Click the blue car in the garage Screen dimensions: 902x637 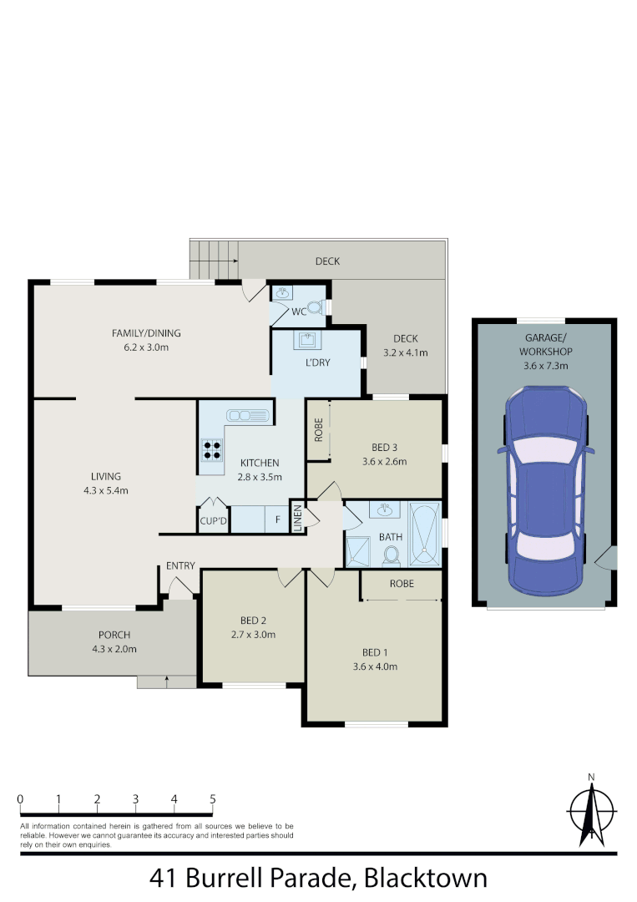544,489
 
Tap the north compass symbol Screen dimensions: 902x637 591,811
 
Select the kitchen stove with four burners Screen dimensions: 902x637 212,451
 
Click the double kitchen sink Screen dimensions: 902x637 248,414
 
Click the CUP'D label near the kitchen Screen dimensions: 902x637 213,522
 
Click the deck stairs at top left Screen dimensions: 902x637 215,259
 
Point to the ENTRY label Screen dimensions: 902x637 180,566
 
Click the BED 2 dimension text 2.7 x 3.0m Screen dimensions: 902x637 253,634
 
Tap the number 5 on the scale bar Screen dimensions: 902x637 213,799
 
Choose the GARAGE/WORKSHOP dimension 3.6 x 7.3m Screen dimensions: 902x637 544,365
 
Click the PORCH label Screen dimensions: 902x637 114,635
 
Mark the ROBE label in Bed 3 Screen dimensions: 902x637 318,429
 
